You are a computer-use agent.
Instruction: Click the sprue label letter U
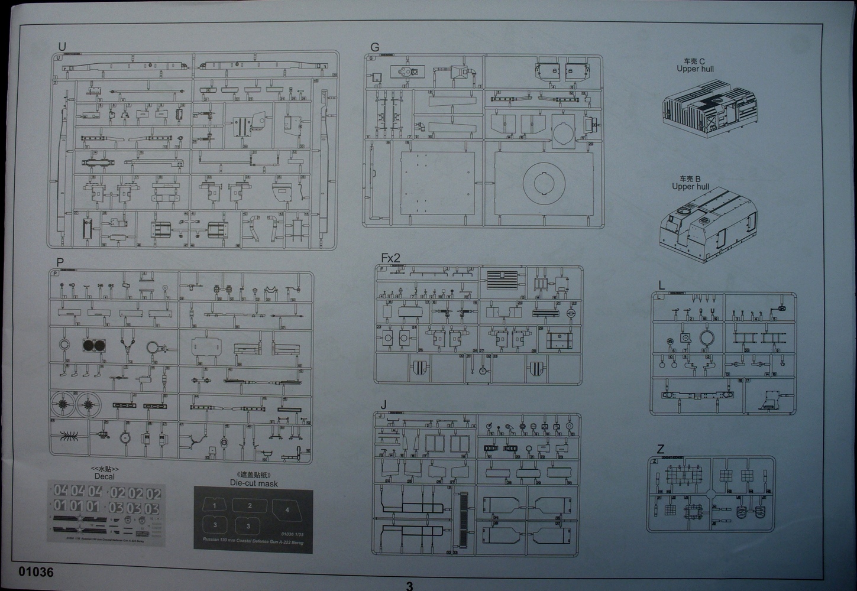pos(62,47)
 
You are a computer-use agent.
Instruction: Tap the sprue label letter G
pos(374,47)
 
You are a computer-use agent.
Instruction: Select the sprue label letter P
pos(60,262)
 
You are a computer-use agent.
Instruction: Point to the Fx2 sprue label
pos(390,258)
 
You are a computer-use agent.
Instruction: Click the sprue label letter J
pos(384,405)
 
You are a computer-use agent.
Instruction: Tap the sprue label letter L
pos(661,285)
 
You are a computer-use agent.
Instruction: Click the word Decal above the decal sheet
pos(104,476)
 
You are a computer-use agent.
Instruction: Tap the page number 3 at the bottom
pos(409,586)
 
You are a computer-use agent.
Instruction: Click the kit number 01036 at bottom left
pos(37,572)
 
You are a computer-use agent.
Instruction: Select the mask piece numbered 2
pos(250,505)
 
